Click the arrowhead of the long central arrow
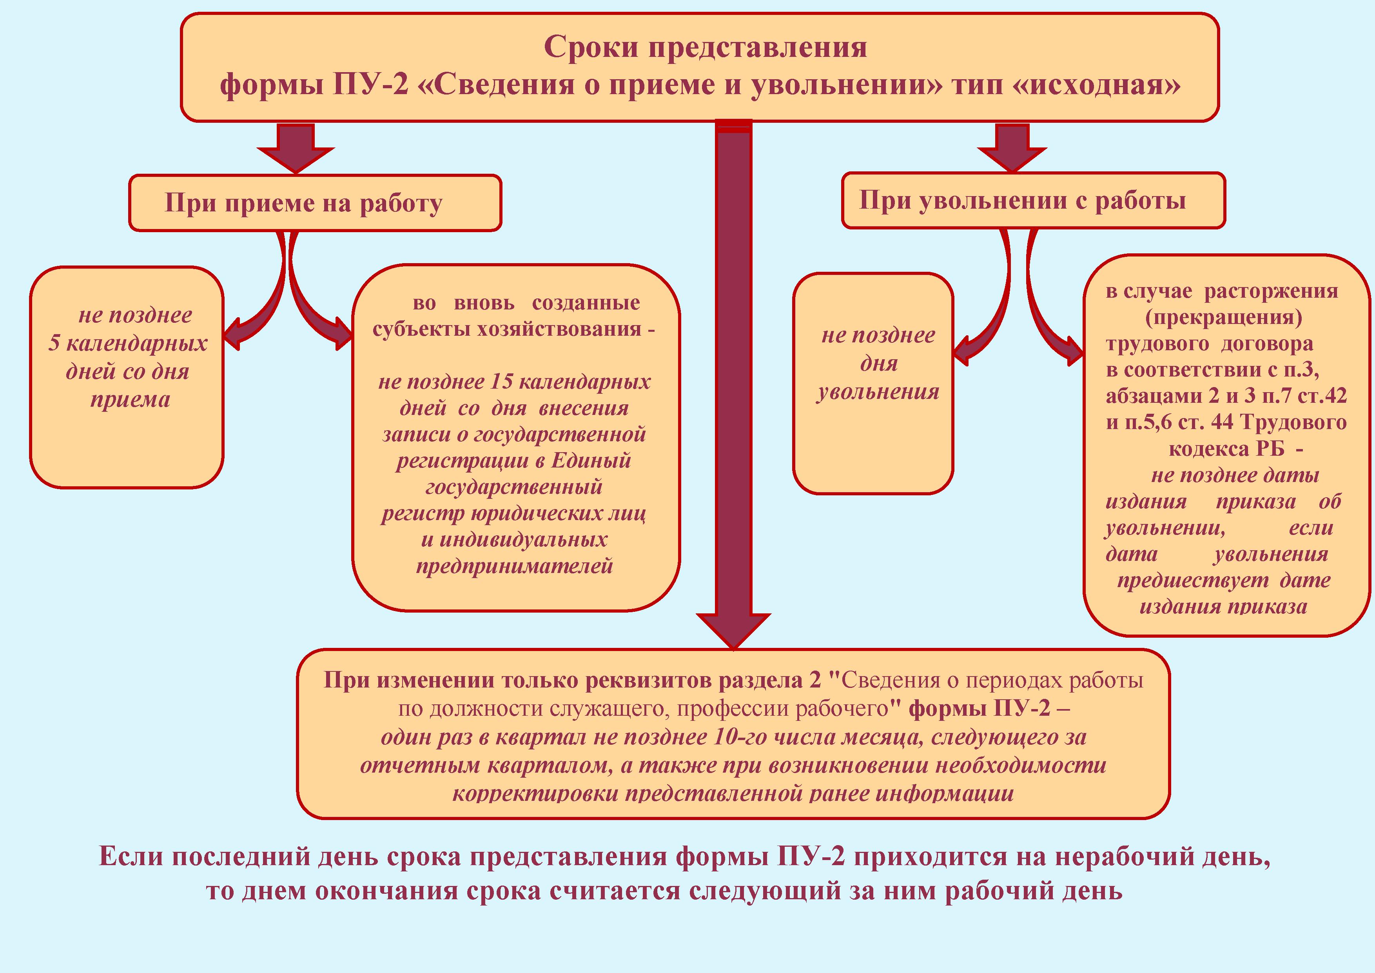pyautogui.click(x=733, y=631)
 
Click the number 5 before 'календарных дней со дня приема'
pyautogui.click(x=54, y=343)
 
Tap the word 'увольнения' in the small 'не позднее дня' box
pyautogui.click(x=878, y=392)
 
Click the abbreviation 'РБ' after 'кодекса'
pyautogui.click(x=1266, y=449)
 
